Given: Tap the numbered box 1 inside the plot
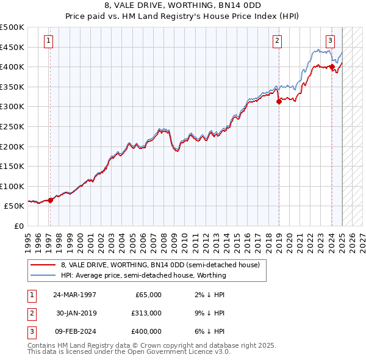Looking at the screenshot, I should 48,41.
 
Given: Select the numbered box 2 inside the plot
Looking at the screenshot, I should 277,41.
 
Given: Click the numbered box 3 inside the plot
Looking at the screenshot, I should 330,41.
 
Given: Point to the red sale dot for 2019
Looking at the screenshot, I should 279,102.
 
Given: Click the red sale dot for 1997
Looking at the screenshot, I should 51,200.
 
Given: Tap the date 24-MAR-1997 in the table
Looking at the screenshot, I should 75,295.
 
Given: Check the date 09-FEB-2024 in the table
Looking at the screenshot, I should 75,331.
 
